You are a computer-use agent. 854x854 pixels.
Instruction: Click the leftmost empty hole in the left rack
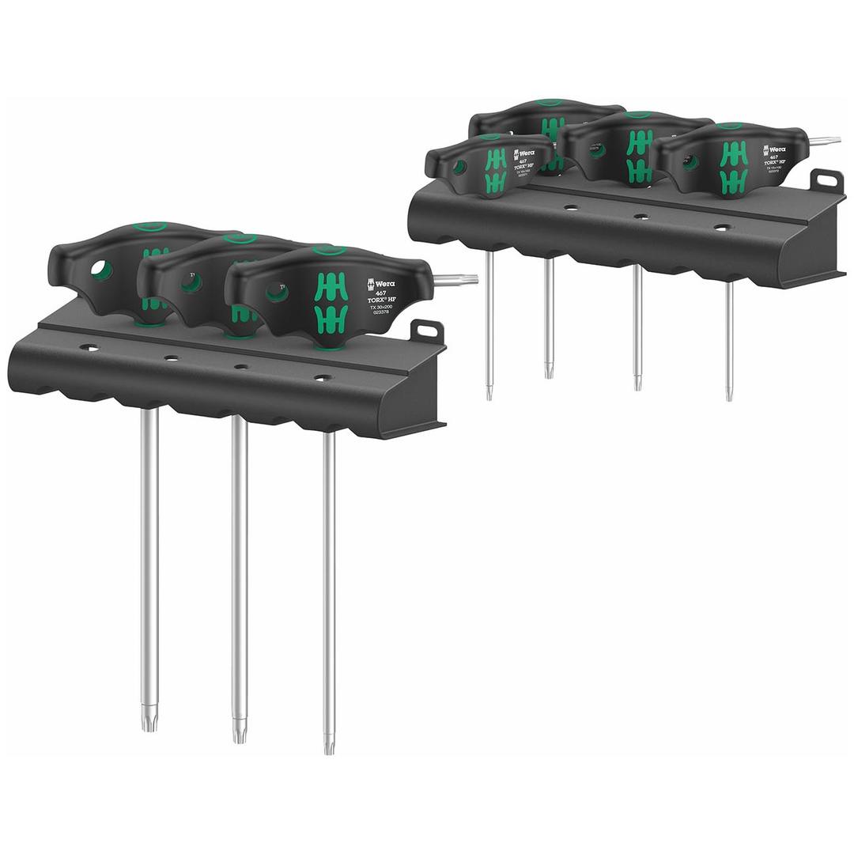pos(93,348)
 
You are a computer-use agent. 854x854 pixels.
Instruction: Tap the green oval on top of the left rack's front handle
pos(325,251)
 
